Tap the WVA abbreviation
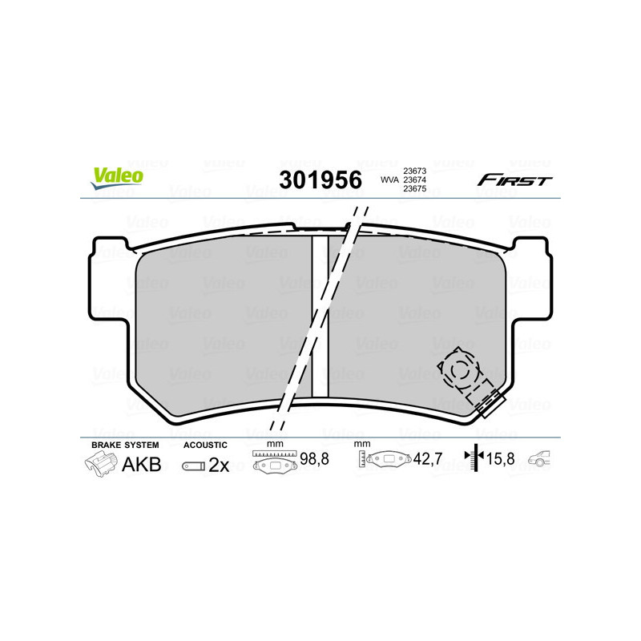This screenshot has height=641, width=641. (389, 181)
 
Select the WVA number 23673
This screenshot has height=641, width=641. (414, 171)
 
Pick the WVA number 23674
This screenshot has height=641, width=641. (414, 181)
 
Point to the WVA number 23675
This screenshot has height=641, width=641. (414, 191)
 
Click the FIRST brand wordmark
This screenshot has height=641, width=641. (514, 180)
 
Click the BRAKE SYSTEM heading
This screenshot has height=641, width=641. (125, 445)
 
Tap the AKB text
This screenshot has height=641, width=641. (141, 465)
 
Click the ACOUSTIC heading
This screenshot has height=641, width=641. (205, 445)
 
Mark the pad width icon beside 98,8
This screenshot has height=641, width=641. (274, 462)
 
